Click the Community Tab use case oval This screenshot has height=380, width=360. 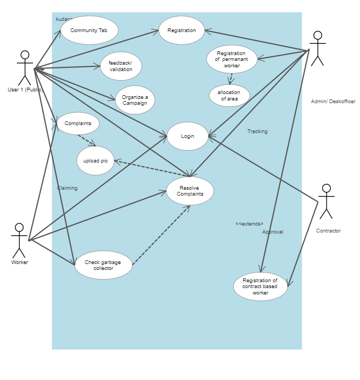(x=89, y=30)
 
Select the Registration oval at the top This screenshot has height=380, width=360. (x=181, y=30)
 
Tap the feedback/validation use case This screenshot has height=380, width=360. (x=121, y=66)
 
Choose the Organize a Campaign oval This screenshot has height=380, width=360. (x=135, y=100)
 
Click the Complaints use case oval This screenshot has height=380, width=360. (x=78, y=123)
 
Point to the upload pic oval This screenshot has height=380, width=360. (x=95, y=160)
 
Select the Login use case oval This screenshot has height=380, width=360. (x=187, y=136)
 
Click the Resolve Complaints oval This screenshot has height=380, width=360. (x=190, y=191)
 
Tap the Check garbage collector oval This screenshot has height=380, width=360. (x=103, y=265)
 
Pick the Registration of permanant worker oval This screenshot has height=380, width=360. (x=232, y=59)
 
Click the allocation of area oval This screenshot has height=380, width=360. (x=229, y=96)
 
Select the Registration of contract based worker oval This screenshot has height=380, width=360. (x=261, y=286)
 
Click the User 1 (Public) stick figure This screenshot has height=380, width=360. (x=25, y=68)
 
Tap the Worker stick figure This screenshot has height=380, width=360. (x=19, y=241)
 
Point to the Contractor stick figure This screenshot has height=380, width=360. (x=326, y=201)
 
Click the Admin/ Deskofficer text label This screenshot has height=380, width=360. (x=333, y=102)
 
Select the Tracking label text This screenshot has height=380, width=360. (x=257, y=131)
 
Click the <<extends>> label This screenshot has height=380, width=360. (x=249, y=223)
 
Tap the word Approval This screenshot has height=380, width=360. (x=272, y=232)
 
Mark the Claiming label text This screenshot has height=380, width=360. (x=67, y=188)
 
